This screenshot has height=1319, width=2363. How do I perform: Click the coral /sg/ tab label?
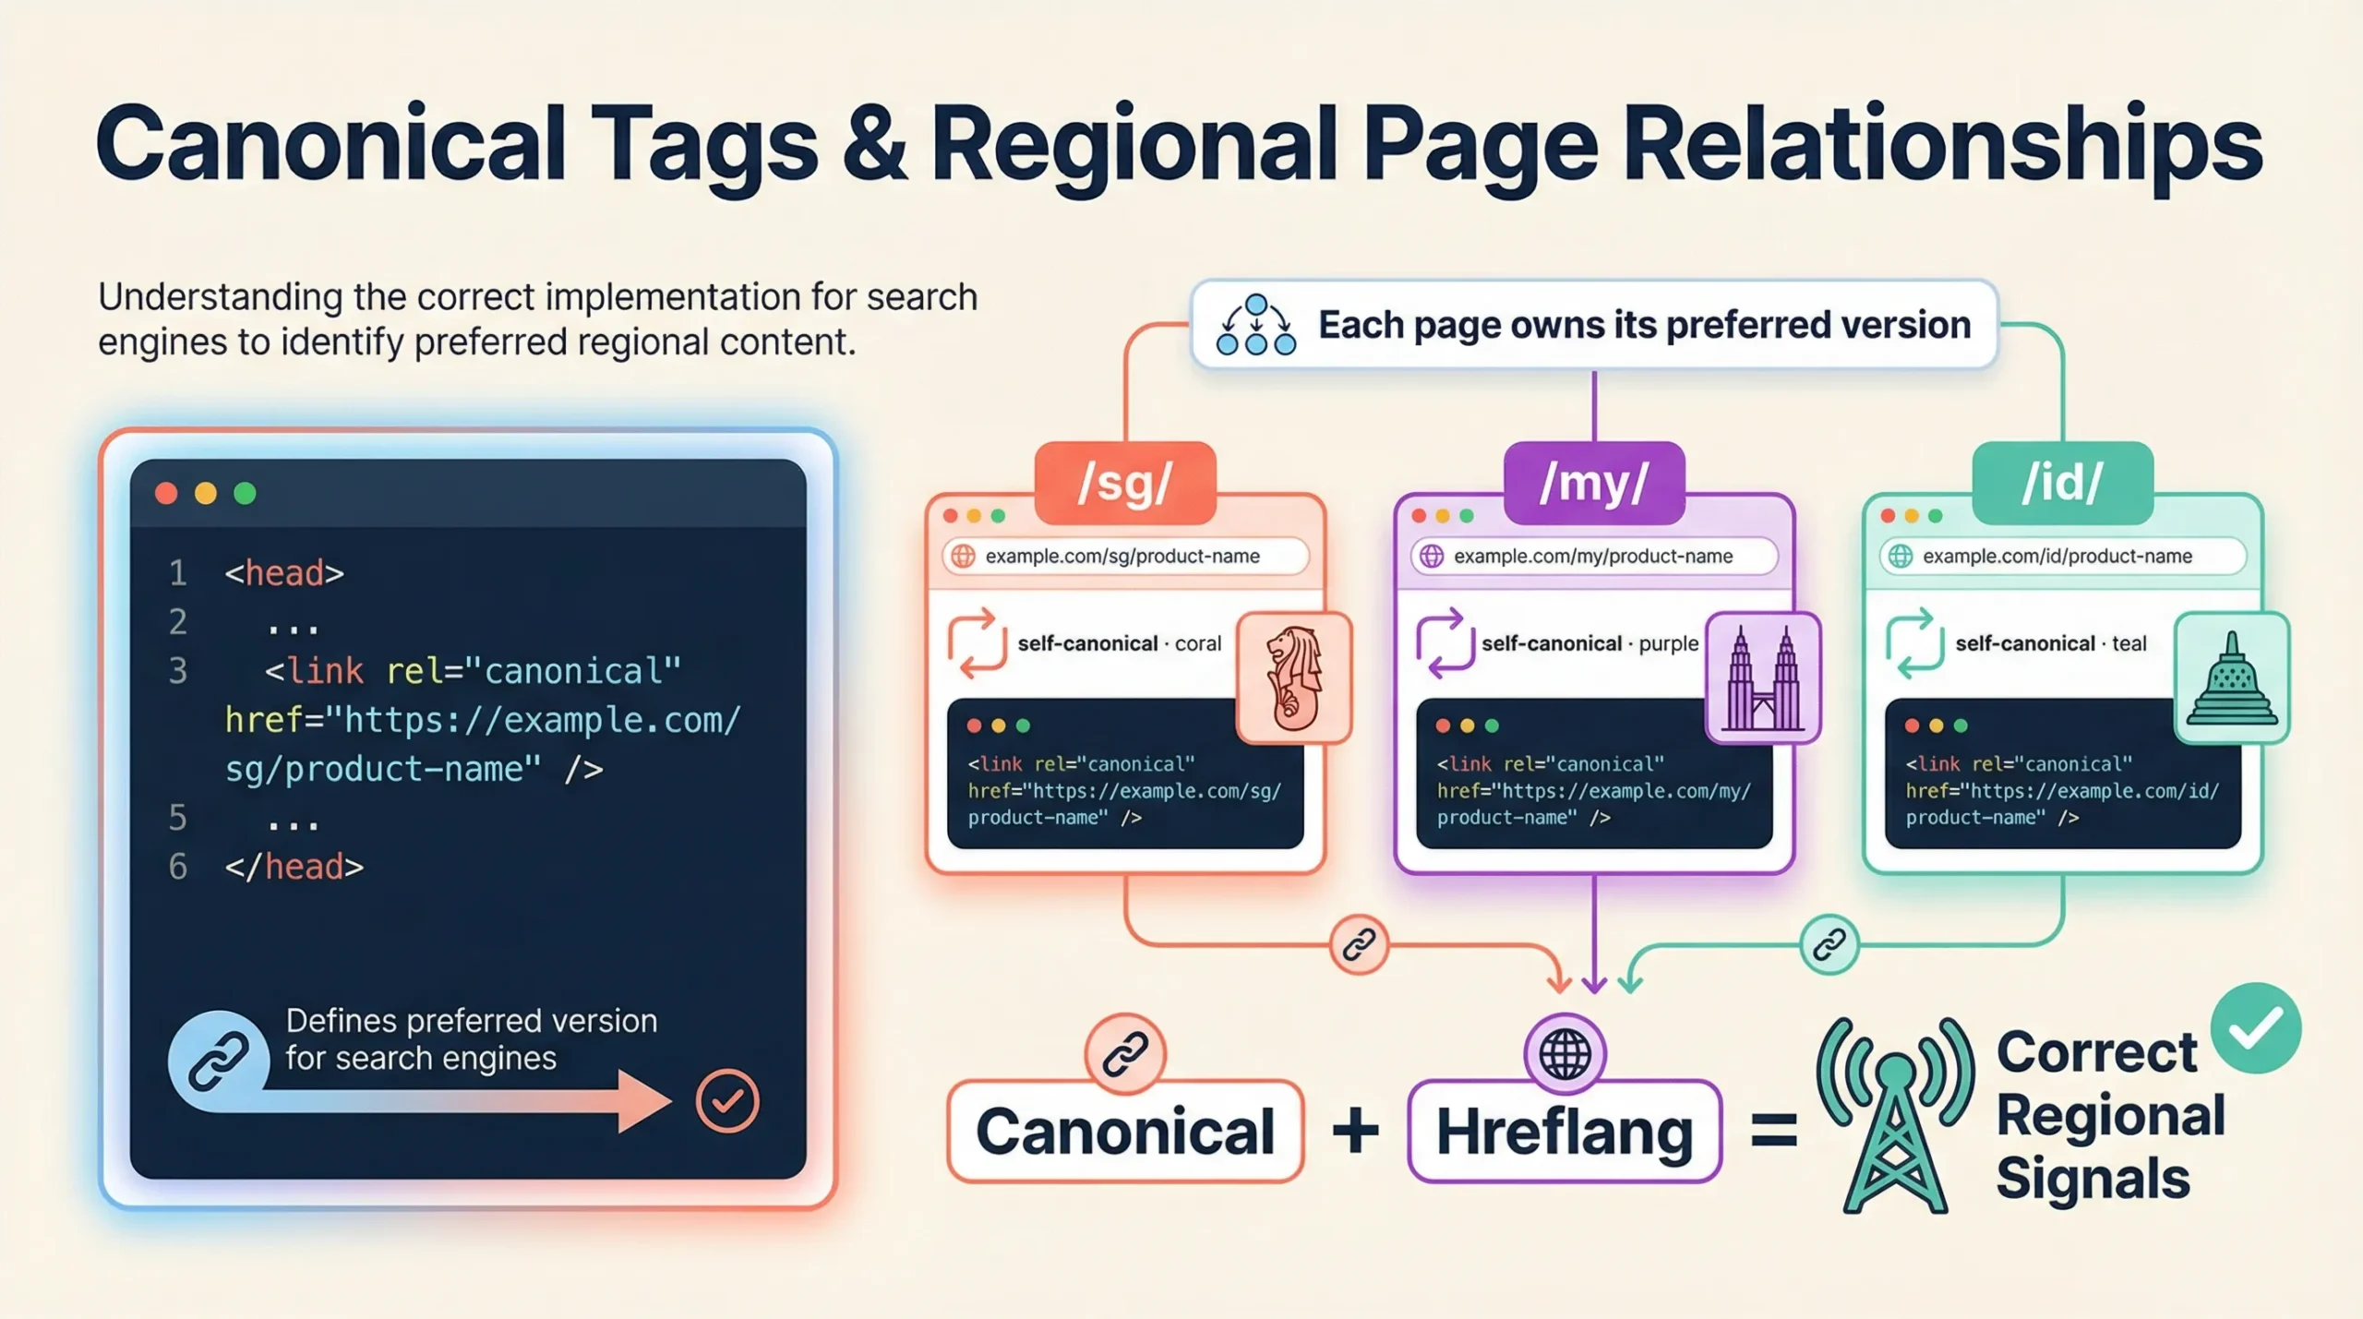pos(1125,483)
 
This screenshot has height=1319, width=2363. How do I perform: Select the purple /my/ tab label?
pos(1594,483)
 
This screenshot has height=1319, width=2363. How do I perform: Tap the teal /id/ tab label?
pos(2062,483)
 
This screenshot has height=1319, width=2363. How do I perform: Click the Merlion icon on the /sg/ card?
pos(1294,677)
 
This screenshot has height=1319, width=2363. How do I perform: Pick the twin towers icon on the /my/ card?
pos(1763,677)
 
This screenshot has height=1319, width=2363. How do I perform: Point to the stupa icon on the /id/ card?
pos(2232,677)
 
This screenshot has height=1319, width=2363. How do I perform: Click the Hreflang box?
pos(1565,1132)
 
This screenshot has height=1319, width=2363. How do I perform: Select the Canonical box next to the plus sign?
pos(1125,1132)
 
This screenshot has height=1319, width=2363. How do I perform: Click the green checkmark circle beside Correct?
pos(2256,1027)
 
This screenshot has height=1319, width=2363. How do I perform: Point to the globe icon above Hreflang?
pos(1565,1053)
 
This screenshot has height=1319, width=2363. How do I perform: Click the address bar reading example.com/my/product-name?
pos(1593,556)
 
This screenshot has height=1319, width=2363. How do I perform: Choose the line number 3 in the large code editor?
pos(178,671)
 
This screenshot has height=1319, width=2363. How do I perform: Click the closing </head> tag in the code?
pos(294,867)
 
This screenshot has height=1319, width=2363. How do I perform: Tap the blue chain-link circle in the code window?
pos(218,1061)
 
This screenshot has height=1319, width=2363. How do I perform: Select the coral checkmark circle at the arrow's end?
pos(727,1100)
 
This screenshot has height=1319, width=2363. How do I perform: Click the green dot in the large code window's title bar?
pos(246,494)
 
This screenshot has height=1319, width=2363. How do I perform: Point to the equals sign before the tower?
pos(1773,1131)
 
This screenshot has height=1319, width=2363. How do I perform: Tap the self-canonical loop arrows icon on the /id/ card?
pos(1913,643)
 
